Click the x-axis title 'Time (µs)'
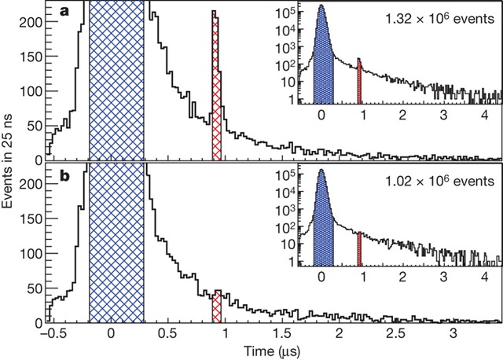(x=269, y=351)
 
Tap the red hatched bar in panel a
(x=216, y=86)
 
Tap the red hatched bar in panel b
(x=217, y=306)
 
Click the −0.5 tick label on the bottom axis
(x=52, y=334)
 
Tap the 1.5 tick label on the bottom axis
(x=282, y=334)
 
